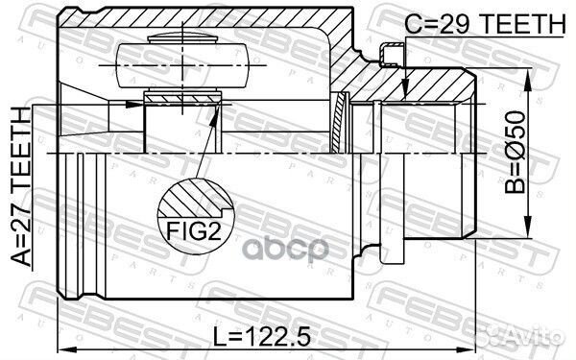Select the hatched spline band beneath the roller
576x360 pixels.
[182, 98]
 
